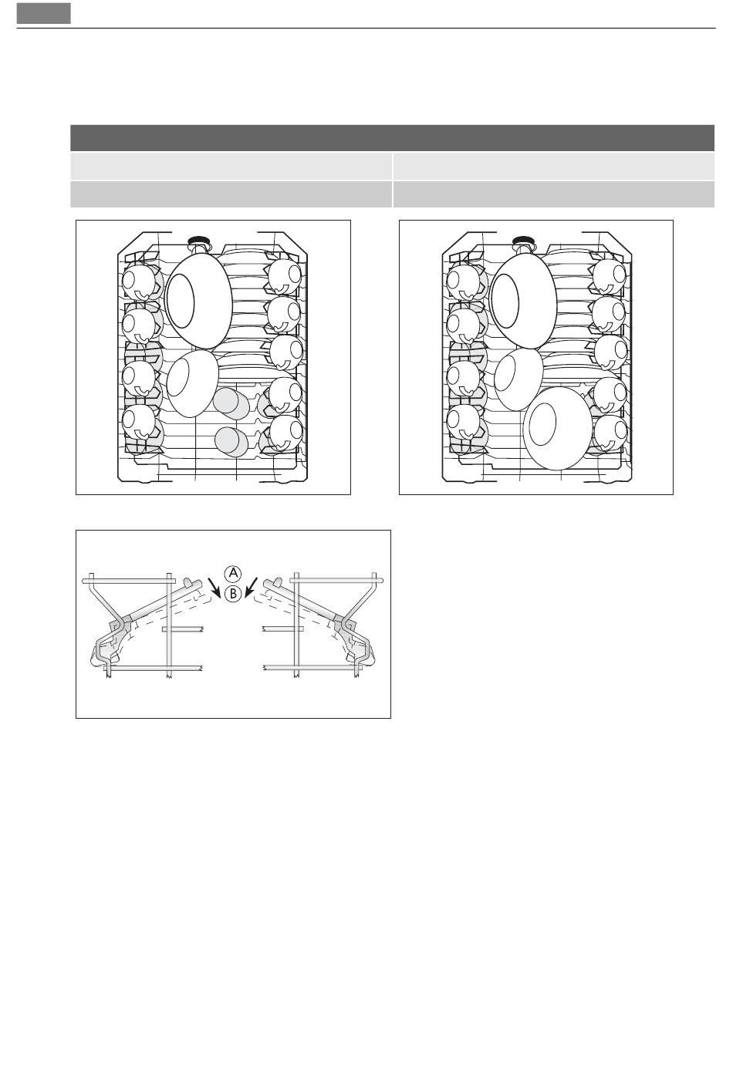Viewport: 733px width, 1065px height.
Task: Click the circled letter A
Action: pos(232,574)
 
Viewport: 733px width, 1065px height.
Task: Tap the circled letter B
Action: pos(232,594)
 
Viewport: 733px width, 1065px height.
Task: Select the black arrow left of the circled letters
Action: pos(214,588)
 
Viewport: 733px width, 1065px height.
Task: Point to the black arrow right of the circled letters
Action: pos(251,588)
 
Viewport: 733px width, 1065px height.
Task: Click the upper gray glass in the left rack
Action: pos(231,403)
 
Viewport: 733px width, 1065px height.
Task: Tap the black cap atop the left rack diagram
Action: pos(198,240)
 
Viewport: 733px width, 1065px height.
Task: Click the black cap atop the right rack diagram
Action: pos(522,240)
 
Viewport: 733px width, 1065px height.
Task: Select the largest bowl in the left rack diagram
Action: pos(199,301)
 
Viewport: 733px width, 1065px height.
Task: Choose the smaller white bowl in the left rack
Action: pos(192,383)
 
